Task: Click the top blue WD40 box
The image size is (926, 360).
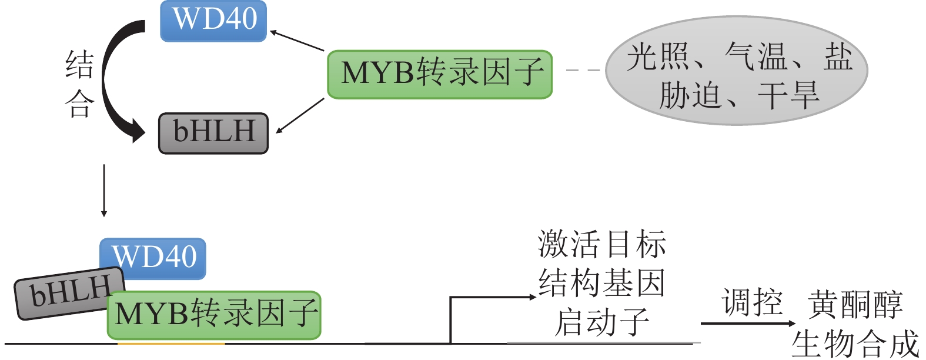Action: tap(213, 21)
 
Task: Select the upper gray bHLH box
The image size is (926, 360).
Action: tap(213, 134)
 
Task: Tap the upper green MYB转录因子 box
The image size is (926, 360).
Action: tap(440, 74)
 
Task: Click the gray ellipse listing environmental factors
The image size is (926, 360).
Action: tap(736, 71)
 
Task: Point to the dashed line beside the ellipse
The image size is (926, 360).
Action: tap(582, 70)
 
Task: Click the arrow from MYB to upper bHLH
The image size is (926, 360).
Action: tap(300, 115)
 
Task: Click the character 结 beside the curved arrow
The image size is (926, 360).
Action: tap(79, 65)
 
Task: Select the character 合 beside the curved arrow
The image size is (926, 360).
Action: tap(79, 104)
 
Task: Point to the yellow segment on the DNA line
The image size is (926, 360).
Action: tap(171, 343)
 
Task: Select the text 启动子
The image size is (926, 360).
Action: tap(601, 322)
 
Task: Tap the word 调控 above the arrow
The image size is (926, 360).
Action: tap(753, 303)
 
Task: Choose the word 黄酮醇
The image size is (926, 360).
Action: tap(855, 304)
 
